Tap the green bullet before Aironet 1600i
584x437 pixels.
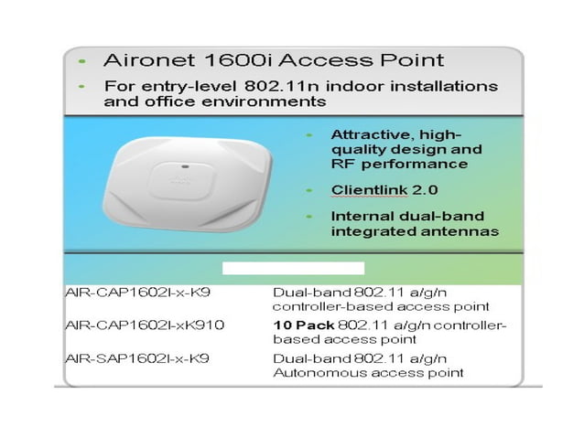point(82,61)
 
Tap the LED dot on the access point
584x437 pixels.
point(185,165)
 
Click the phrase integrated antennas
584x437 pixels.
point(415,231)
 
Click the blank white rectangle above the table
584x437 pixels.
point(294,268)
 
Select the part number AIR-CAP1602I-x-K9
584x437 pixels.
point(136,292)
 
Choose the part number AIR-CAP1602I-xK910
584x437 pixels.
point(145,325)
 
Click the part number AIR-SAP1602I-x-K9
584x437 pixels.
point(136,357)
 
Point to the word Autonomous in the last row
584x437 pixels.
point(314,372)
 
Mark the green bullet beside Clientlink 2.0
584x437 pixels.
point(310,189)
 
